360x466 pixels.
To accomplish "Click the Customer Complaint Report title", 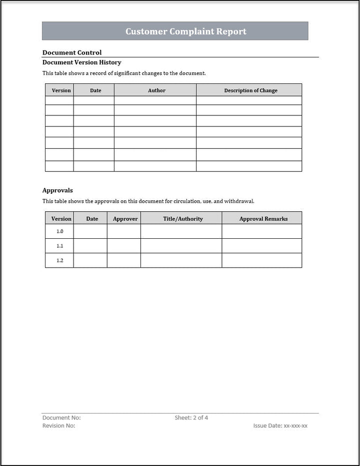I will (x=185, y=31).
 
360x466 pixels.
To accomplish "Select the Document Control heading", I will (x=72, y=52).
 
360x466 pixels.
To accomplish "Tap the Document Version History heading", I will (x=81, y=62).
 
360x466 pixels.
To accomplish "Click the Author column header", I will (x=156, y=90).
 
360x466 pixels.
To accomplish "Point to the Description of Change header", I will (x=250, y=90).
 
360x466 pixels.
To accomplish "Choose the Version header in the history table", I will (x=61, y=90).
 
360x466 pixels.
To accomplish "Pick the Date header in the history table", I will (x=95, y=90).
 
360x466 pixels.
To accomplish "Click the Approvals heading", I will (x=57, y=190).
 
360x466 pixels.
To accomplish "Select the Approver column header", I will (x=125, y=219).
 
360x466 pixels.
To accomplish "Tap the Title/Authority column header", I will (x=183, y=219).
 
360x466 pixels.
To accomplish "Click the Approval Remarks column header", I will (x=263, y=219).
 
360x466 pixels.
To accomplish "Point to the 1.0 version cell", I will (x=60, y=232).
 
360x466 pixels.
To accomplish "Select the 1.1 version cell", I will (x=60, y=246).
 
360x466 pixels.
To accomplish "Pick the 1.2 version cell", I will (x=60, y=261).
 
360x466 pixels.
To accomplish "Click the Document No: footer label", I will (x=61, y=418).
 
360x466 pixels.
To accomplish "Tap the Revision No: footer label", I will (x=59, y=426).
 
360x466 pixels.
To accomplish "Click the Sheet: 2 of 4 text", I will (x=191, y=418).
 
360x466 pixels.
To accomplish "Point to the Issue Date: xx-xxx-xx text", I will (x=280, y=426).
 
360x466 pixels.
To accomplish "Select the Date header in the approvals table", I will (x=92, y=219).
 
